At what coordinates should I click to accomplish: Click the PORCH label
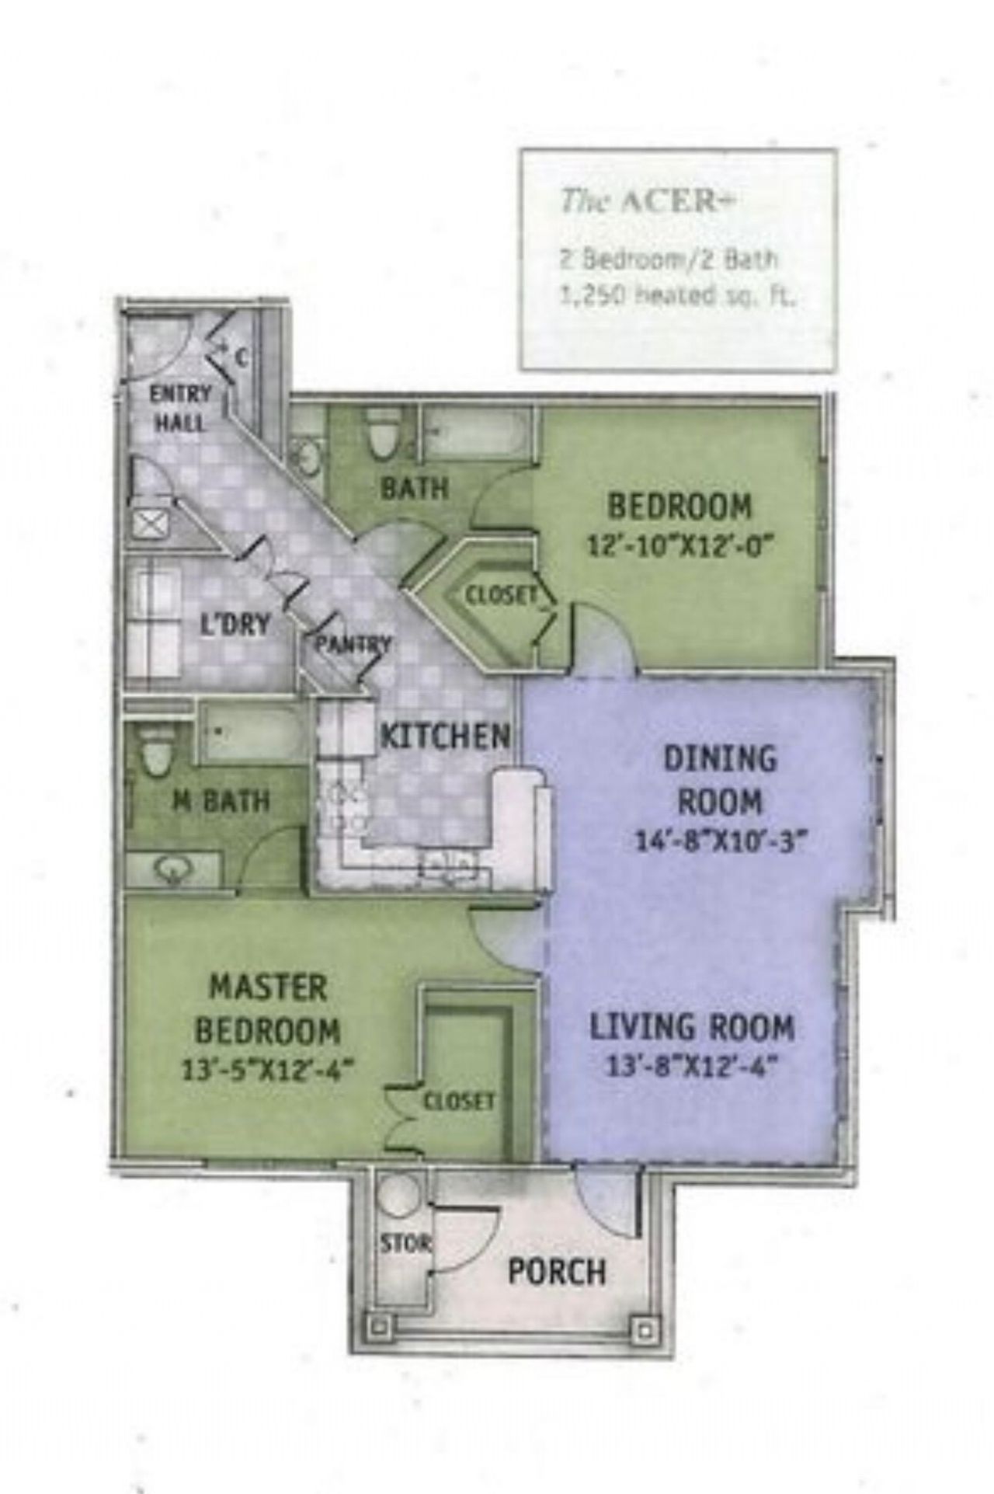tap(556, 1272)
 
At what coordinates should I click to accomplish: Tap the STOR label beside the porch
tap(405, 1242)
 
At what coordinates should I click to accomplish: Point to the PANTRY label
tap(352, 644)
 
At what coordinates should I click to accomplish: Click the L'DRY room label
tap(235, 624)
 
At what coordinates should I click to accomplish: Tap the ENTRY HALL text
tap(180, 409)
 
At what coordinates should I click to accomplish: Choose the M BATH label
tap(221, 800)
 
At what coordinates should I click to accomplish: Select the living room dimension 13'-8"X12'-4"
tap(691, 1066)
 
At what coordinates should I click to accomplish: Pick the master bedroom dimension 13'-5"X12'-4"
tap(267, 1071)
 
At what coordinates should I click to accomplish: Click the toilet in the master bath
tap(157, 750)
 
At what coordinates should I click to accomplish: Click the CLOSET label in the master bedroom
tap(458, 1101)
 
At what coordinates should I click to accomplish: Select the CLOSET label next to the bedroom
tap(501, 596)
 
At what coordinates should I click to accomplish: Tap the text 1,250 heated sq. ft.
tap(677, 296)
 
